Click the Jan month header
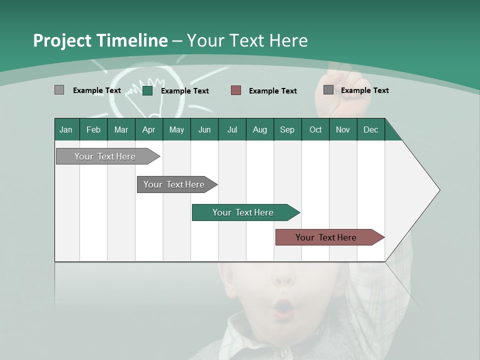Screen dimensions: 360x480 pyautogui.click(x=66, y=129)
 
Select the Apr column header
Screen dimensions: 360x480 pyautogui.click(x=149, y=129)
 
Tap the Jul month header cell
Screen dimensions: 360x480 pyautogui.click(x=232, y=129)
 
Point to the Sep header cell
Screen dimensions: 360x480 pyautogui.click(x=287, y=129)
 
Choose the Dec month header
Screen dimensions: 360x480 pyautogui.click(x=370, y=129)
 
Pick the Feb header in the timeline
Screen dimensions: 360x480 pyautogui.click(x=93, y=129)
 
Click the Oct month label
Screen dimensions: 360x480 pyautogui.click(x=315, y=129)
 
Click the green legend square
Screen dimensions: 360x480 pyautogui.click(x=147, y=90)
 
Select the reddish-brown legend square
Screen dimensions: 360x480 pyautogui.click(x=236, y=90)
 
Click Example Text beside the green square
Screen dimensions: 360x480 pyautogui.click(x=184, y=91)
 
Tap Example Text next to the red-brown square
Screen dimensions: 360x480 pyautogui.click(x=272, y=91)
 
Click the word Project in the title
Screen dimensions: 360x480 pyautogui.click(x=61, y=40)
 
